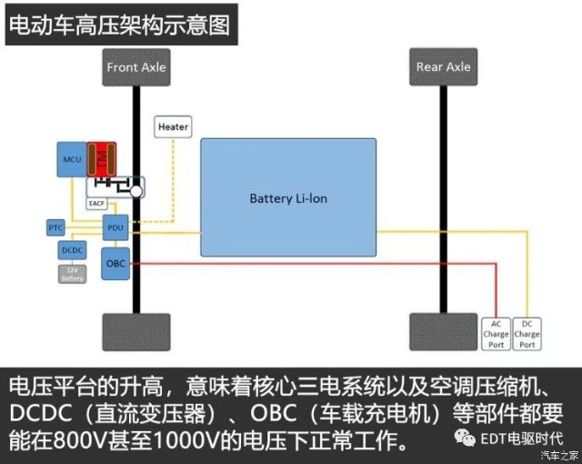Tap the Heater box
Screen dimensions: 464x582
click(173, 127)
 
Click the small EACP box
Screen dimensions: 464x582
click(96, 204)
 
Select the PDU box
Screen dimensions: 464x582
click(115, 227)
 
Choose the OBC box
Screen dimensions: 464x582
click(115, 263)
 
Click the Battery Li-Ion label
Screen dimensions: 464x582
click(286, 197)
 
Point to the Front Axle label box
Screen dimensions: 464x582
click(136, 67)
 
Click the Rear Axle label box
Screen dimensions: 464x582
click(444, 67)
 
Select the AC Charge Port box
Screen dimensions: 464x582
click(496, 334)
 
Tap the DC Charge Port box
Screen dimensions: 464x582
click(527, 334)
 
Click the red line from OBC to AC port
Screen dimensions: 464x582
click(309, 264)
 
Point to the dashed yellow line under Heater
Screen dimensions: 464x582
click(173, 182)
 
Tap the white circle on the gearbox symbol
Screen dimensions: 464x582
click(135, 192)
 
